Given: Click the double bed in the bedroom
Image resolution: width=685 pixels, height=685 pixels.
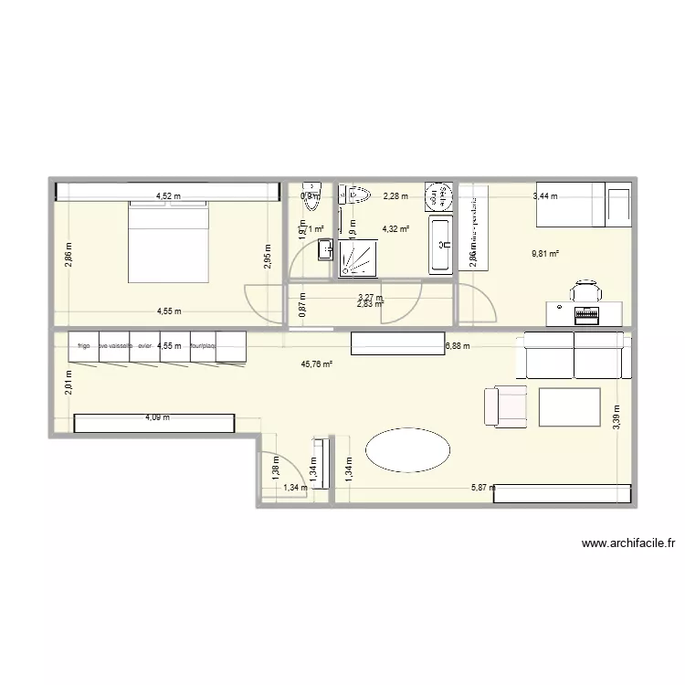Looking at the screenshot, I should [x=170, y=242].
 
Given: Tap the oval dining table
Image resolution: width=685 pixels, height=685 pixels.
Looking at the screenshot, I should [x=407, y=450].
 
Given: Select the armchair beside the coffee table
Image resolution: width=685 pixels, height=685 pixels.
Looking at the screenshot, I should [x=505, y=406].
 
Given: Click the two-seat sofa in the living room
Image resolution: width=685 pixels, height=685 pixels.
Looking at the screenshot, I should [x=573, y=355].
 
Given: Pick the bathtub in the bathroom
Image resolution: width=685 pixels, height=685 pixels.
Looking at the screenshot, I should [x=440, y=244].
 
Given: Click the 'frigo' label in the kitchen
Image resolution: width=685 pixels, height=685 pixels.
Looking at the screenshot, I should [x=84, y=346].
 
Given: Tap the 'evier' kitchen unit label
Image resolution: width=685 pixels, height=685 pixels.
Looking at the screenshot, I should [x=145, y=346].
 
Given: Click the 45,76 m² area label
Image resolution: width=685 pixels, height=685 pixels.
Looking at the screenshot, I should [x=316, y=364].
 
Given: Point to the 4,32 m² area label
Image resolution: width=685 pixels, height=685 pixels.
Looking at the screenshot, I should [x=395, y=229].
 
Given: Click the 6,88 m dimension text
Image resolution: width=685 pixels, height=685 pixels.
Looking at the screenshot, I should [x=458, y=346].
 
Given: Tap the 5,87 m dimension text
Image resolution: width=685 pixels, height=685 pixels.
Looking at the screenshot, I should [x=483, y=488].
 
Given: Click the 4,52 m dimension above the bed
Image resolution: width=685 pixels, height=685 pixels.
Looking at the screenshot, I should [x=168, y=195].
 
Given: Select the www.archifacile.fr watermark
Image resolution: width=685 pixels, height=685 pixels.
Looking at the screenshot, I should [x=627, y=544].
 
